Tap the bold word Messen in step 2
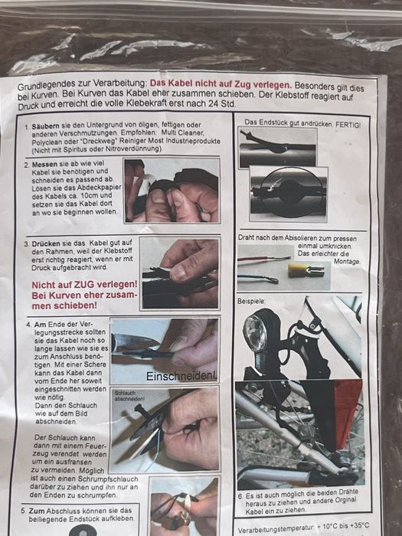[x=44, y=164]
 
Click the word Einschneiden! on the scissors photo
[x=181, y=377]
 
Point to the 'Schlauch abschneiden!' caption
[x=129, y=396]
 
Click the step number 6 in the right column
[x=241, y=495]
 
